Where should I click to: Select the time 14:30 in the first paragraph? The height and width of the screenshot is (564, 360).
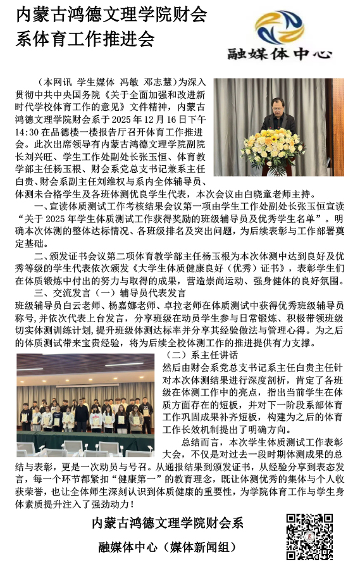(x=26, y=132)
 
